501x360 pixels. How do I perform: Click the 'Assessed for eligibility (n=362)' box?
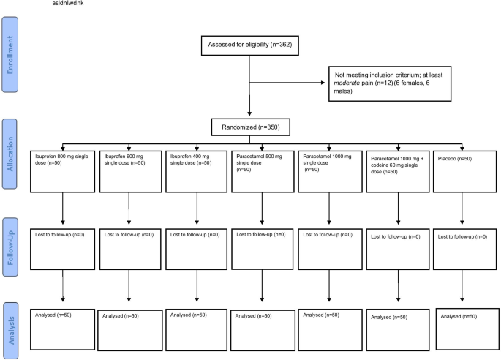tap(250, 45)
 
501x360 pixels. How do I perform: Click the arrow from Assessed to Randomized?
tap(250, 88)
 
